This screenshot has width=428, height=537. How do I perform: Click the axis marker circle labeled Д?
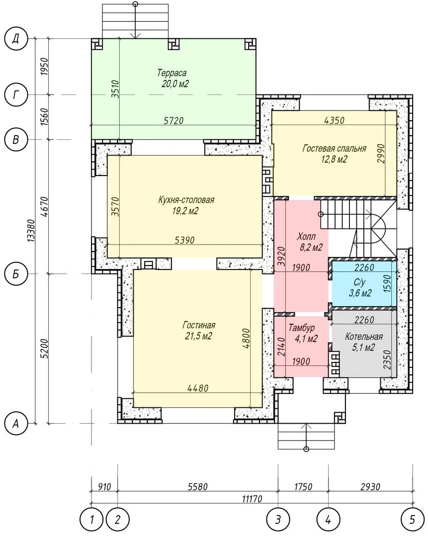[16, 39]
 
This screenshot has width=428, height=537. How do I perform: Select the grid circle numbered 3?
[278, 520]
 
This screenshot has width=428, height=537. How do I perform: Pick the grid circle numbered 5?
[412, 520]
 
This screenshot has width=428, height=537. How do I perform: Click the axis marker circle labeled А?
[16, 424]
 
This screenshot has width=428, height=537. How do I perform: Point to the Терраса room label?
[173, 78]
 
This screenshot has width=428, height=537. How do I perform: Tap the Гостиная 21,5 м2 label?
[199, 331]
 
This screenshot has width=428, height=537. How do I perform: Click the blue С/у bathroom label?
[360, 288]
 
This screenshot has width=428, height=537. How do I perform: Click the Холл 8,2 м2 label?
[309, 242]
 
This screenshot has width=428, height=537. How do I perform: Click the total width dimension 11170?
[252, 499]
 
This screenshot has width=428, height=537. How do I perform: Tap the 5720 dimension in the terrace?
[173, 120]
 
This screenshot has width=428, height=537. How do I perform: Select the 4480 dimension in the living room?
[198, 388]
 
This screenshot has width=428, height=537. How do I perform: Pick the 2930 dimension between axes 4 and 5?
[370, 486]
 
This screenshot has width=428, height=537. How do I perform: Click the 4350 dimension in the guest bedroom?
[334, 120]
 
